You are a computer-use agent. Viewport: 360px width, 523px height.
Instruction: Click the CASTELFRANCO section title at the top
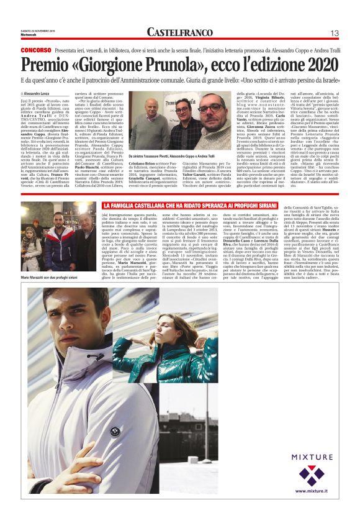[x=179, y=32]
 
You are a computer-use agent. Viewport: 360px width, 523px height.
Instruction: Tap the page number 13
[x=334, y=32]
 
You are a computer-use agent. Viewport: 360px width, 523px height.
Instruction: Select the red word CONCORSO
[x=35, y=49]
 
